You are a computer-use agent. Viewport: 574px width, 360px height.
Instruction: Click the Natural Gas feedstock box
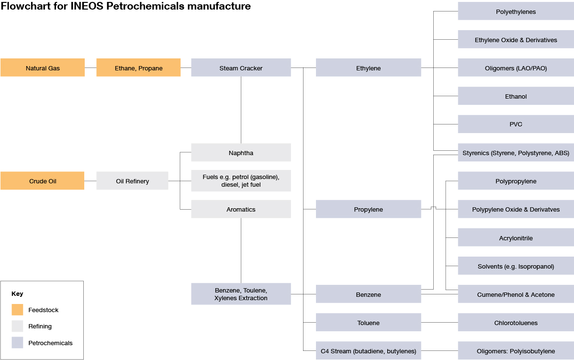coord(43,68)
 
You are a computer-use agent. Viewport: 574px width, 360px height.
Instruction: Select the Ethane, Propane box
coord(138,68)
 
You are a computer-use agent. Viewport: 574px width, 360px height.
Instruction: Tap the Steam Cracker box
coord(241,68)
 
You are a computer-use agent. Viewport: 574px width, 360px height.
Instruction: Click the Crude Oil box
coord(42,181)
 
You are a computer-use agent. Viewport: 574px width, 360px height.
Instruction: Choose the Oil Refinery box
coord(132,181)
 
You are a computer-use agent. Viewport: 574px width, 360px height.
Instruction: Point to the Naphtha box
coord(241,153)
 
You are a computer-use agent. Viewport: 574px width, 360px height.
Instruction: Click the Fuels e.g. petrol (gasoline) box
coord(241,181)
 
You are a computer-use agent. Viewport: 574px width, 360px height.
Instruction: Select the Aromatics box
coord(241,209)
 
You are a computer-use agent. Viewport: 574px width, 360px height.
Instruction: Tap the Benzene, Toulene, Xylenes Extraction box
coord(241,294)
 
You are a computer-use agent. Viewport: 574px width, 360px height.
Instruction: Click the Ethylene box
coord(368,68)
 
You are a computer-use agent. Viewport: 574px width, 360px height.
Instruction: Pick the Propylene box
coord(368,209)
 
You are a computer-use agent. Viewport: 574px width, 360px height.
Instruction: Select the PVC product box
coord(516,124)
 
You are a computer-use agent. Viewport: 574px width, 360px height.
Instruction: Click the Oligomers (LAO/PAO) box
coord(516,68)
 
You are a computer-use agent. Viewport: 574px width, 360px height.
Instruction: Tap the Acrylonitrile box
coord(516,238)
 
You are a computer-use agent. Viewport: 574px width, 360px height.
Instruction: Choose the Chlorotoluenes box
coord(516,323)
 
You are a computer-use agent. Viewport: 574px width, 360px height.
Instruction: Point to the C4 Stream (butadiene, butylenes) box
coord(368,351)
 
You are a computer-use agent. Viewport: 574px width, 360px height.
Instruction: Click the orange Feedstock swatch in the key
coord(17,310)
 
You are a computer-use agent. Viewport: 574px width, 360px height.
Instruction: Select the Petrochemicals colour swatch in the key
coord(17,343)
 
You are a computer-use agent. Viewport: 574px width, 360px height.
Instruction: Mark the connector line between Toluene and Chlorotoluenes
coord(439,323)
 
